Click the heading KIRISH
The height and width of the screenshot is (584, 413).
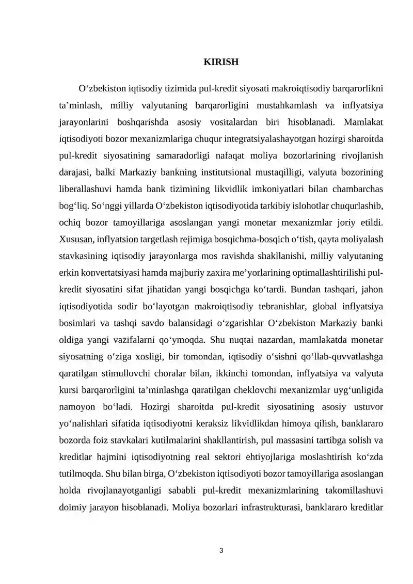click(x=221, y=62)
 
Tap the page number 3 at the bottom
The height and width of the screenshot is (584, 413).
click(x=221, y=550)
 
